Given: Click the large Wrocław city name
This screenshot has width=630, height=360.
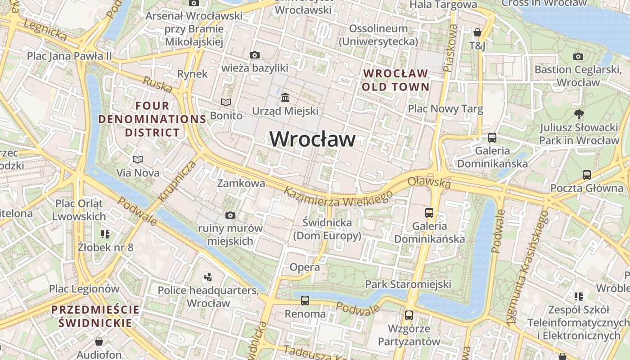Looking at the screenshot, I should [x=312, y=139].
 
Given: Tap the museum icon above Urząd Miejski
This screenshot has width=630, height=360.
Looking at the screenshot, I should [x=285, y=97].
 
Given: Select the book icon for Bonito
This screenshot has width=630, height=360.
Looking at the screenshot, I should [x=225, y=103].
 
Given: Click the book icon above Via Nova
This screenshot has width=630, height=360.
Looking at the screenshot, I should [x=138, y=159].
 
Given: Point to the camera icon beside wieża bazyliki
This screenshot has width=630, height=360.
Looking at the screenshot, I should [x=254, y=55].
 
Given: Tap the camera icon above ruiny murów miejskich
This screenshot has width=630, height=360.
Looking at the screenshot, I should [x=230, y=215].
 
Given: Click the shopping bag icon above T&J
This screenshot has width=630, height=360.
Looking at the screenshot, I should [x=477, y=32].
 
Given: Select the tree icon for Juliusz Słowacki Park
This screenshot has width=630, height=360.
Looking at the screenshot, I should [x=579, y=114].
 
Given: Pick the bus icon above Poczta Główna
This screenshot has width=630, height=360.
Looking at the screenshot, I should [x=587, y=175].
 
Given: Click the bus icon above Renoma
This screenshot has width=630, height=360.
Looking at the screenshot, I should [x=305, y=300].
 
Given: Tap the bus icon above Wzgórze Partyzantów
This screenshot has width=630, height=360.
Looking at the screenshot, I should [x=409, y=315].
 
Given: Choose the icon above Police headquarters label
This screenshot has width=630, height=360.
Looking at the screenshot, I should [x=208, y=277].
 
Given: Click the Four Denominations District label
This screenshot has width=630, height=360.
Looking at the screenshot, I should [x=152, y=119].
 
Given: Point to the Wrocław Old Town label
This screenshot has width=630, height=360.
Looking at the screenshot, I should [x=396, y=80].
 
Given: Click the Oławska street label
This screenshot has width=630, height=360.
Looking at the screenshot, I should [x=429, y=182].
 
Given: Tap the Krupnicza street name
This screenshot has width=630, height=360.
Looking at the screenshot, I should [x=177, y=181].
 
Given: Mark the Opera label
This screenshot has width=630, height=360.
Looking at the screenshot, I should [x=305, y=267].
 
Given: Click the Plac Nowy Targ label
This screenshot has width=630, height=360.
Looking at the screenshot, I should [x=445, y=108].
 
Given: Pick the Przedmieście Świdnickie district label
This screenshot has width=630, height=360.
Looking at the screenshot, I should [x=95, y=316].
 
